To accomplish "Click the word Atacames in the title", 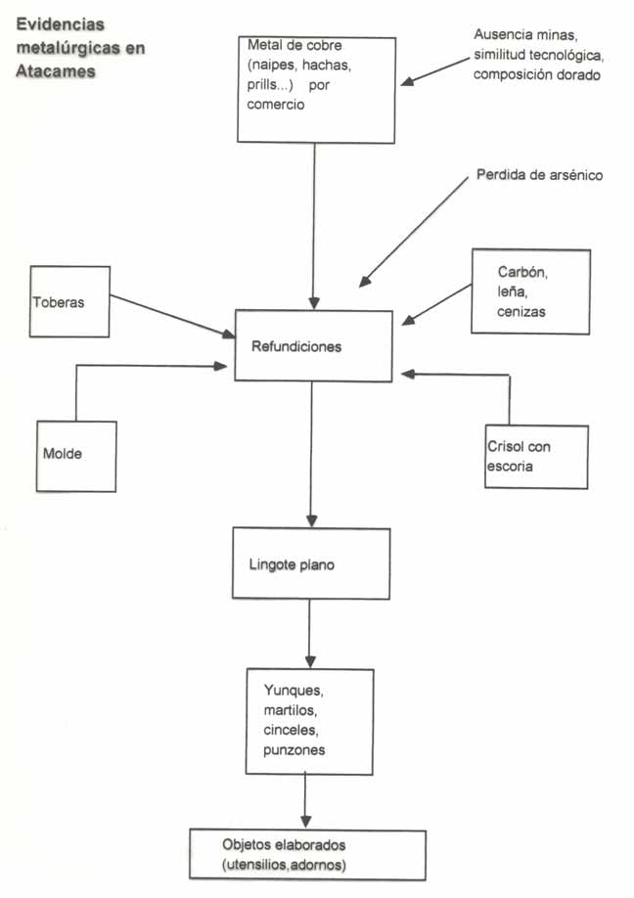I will [56, 70].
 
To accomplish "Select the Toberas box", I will [68, 301].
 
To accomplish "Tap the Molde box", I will [75, 456].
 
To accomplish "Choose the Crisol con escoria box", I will [536, 457].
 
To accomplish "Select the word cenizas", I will [520, 312].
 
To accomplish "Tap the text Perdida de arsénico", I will [539, 176].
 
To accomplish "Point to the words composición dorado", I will [536, 73].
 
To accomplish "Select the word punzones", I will [294, 749].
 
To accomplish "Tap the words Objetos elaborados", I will [285, 844].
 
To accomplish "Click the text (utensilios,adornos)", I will [285, 865].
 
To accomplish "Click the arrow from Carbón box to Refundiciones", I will [437, 302].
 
